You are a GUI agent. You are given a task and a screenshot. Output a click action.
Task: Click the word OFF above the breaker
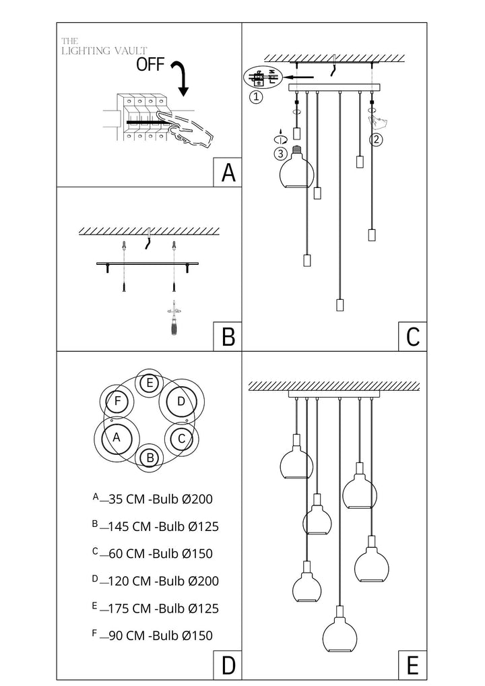click(151, 65)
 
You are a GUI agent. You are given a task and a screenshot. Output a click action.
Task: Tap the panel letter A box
click(228, 172)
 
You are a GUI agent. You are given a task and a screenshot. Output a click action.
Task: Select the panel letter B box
click(228, 336)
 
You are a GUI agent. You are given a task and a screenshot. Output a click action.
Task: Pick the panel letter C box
click(413, 336)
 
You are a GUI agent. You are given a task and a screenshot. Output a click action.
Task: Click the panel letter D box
click(228, 665)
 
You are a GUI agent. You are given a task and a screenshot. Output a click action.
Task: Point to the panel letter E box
click(413, 665)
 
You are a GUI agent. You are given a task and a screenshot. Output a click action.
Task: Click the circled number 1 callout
click(255, 96)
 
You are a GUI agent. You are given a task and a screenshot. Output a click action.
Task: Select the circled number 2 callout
click(377, 140)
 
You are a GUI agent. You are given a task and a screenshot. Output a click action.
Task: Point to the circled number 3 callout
click(280, 153)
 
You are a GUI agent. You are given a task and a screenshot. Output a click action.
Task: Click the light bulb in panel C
click(296, 168)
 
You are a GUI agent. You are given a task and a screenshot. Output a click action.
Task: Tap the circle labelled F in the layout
click(118, 402)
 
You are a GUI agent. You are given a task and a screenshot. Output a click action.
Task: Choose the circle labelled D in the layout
click(181, 402)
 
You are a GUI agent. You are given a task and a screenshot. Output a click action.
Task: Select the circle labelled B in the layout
click(150, 458)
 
